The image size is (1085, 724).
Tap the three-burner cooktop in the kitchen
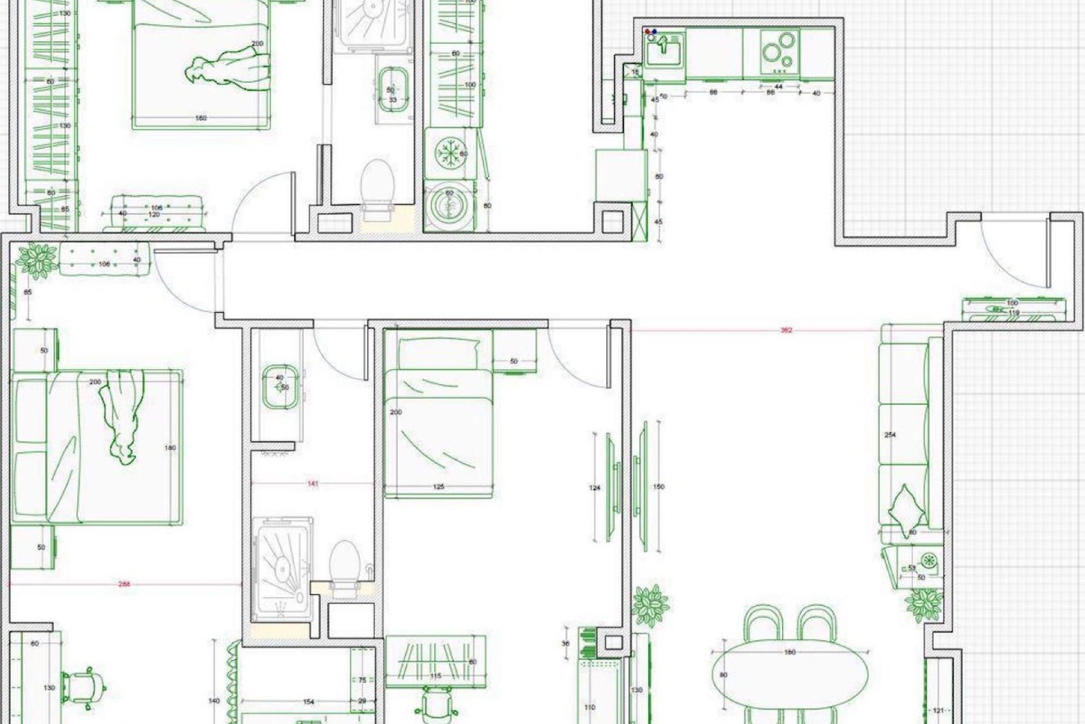pos(779,50)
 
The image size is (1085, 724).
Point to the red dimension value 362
pos(786,330)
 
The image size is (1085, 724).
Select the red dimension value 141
pos(313,484)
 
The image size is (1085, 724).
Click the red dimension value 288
pos(125,584)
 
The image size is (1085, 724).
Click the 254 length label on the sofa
pos(891,435)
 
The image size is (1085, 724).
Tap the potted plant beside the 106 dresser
pos(37,260)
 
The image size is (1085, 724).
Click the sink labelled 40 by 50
pos(279,386)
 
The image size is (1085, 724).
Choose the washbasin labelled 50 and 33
pos(392,90)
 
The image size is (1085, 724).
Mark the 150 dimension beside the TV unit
pos(658,486)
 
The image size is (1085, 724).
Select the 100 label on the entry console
pos(1013,304)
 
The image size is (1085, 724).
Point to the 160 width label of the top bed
pos(201,118)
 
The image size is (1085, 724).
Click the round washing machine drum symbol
pos(449,206)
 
